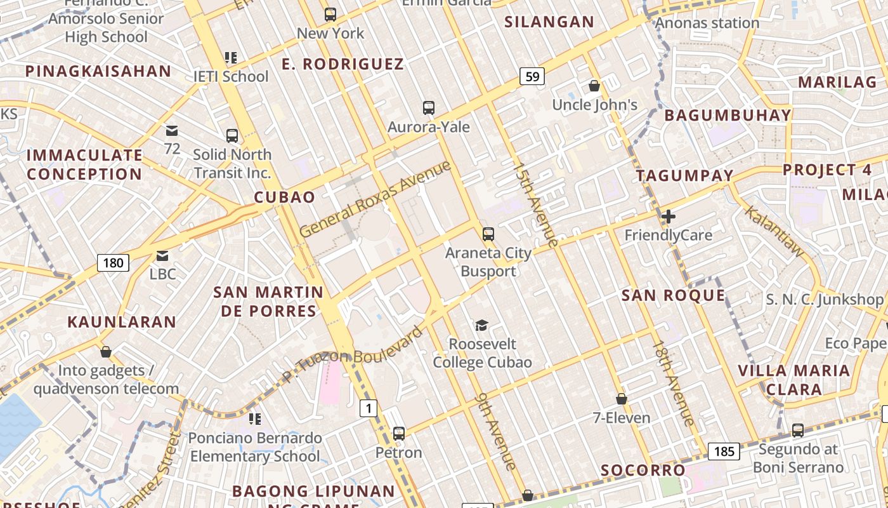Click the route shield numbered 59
pos(532,77)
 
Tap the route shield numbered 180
pos(113,262)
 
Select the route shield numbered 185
pos(724,451)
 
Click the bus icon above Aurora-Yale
pos(429,108)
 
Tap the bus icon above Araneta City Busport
pos(488,234)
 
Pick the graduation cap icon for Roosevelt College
pos(482,326)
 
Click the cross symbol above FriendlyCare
pos(668,217)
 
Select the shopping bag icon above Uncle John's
pos(594,86)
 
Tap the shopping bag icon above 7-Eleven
pos(622,399)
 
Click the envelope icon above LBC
pos(162,256)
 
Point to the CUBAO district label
pos(285,197)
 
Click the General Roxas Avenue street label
pos(375,199)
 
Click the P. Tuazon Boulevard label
pos(352,356)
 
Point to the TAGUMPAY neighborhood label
pos(684,175)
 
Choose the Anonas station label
pos(707,23)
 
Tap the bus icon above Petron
pos(398,434)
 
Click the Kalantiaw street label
pos(774,232)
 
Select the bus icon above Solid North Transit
pos(232,135)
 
